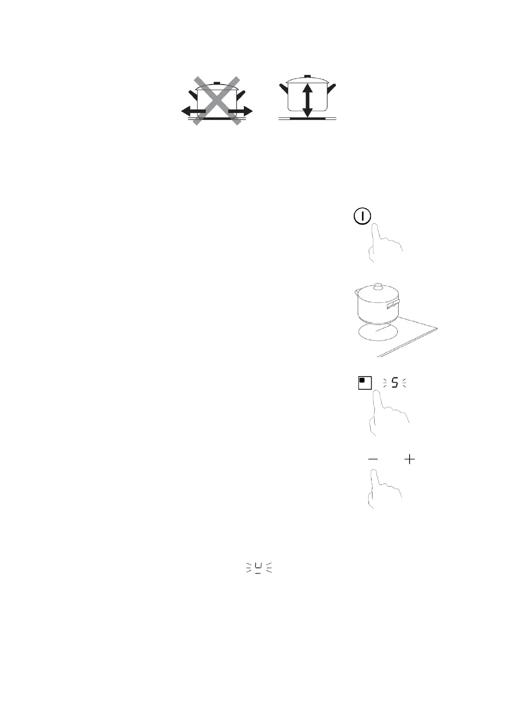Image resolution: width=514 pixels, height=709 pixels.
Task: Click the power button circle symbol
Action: point(362,216)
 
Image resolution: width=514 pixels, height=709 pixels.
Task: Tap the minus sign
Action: point(373,459)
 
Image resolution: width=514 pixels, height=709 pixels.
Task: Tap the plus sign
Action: point(409,459)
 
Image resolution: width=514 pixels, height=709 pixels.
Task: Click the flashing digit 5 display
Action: point(394,383)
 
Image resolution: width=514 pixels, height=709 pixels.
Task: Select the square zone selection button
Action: point(365,383)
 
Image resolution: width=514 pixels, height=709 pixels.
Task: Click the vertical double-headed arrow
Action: point(307,100)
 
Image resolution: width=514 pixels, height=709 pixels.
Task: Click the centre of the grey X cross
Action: point(216,101)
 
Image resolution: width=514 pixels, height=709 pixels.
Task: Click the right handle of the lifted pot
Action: point(331,89)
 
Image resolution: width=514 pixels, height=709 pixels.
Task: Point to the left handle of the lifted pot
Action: point(283,89)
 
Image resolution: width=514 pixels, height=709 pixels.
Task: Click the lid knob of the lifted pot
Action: point(307,76)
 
